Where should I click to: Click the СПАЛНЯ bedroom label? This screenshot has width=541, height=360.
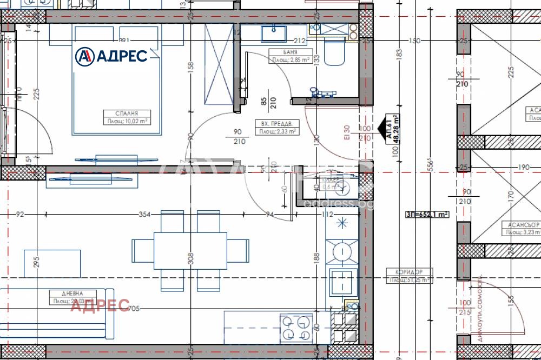click(x=127, y=114)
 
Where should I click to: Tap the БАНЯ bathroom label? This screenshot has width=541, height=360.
click(x=291, y=52)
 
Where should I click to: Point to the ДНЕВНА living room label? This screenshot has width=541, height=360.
click(x=72, y=294)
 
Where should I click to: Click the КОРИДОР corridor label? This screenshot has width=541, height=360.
click(x=408, y=272)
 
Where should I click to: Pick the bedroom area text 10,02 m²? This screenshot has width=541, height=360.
click(x=127, y=121)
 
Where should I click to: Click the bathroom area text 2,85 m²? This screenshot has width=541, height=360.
click(x=291, y=60)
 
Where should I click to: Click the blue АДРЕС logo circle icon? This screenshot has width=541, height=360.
click(x=84, y=56)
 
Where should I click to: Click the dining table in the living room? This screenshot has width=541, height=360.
click(x=190, y=250)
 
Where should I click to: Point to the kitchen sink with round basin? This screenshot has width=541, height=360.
click(x=342, y=250)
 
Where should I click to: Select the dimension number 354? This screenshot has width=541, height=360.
click(x=144, y=215)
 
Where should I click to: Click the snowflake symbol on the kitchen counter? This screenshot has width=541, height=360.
click(x=342, y=222)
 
